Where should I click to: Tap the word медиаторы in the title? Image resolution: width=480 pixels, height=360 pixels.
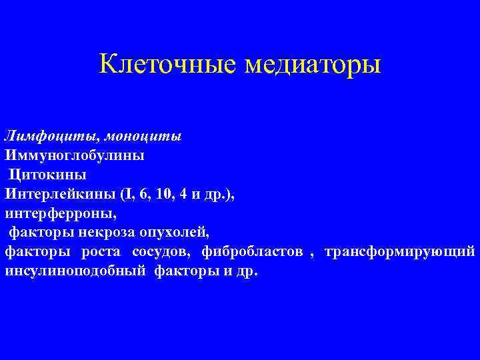point(313,65)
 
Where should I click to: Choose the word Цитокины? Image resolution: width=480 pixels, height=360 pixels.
point(47,175)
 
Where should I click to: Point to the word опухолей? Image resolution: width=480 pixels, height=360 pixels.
point(175,233)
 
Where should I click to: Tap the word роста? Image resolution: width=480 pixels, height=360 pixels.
point(101,252)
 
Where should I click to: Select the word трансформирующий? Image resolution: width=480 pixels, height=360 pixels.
point(400,252)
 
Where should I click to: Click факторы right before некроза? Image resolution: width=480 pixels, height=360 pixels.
point(39,233)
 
